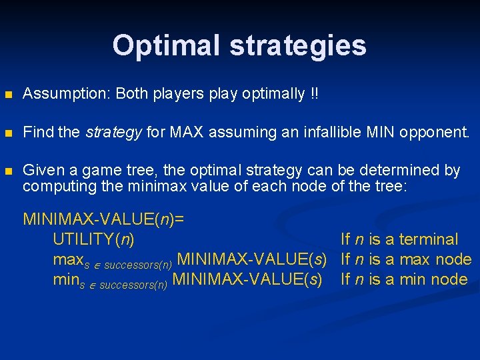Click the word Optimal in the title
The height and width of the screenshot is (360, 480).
166,45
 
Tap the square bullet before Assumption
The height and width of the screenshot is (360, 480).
8,95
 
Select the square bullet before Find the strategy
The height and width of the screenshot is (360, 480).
8,133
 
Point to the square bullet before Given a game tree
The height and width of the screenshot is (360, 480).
8,171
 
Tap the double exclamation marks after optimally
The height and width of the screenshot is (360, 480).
314,94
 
